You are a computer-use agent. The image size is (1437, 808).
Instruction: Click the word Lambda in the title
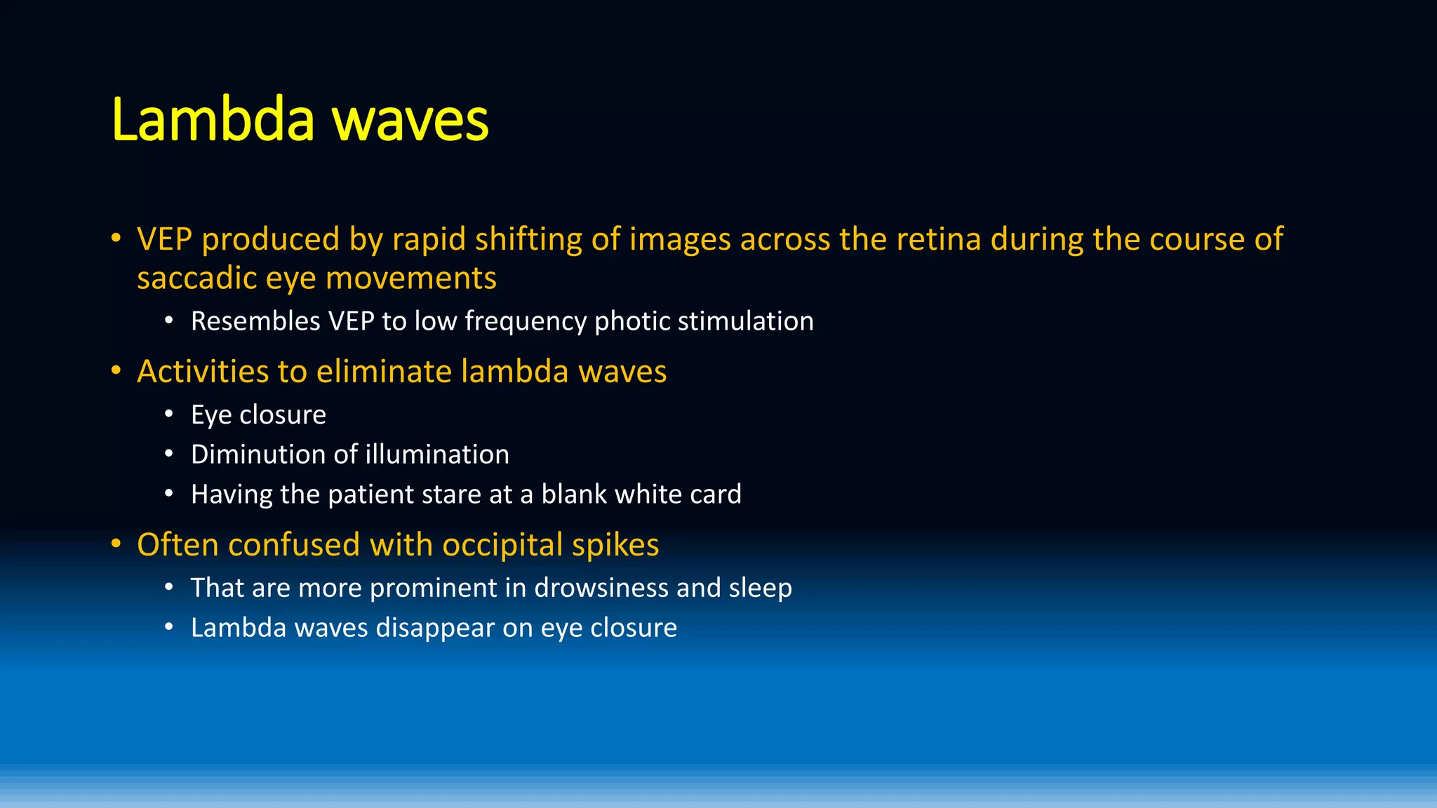(213, 119)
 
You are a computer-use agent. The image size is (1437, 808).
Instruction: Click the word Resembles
(255, 321)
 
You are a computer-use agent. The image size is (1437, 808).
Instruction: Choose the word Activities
(202, 371)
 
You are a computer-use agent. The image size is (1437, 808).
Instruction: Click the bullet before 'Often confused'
(116, 544)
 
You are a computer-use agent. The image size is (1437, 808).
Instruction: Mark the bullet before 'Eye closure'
(169, 414)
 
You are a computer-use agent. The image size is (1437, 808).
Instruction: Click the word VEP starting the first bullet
(164, 239)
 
